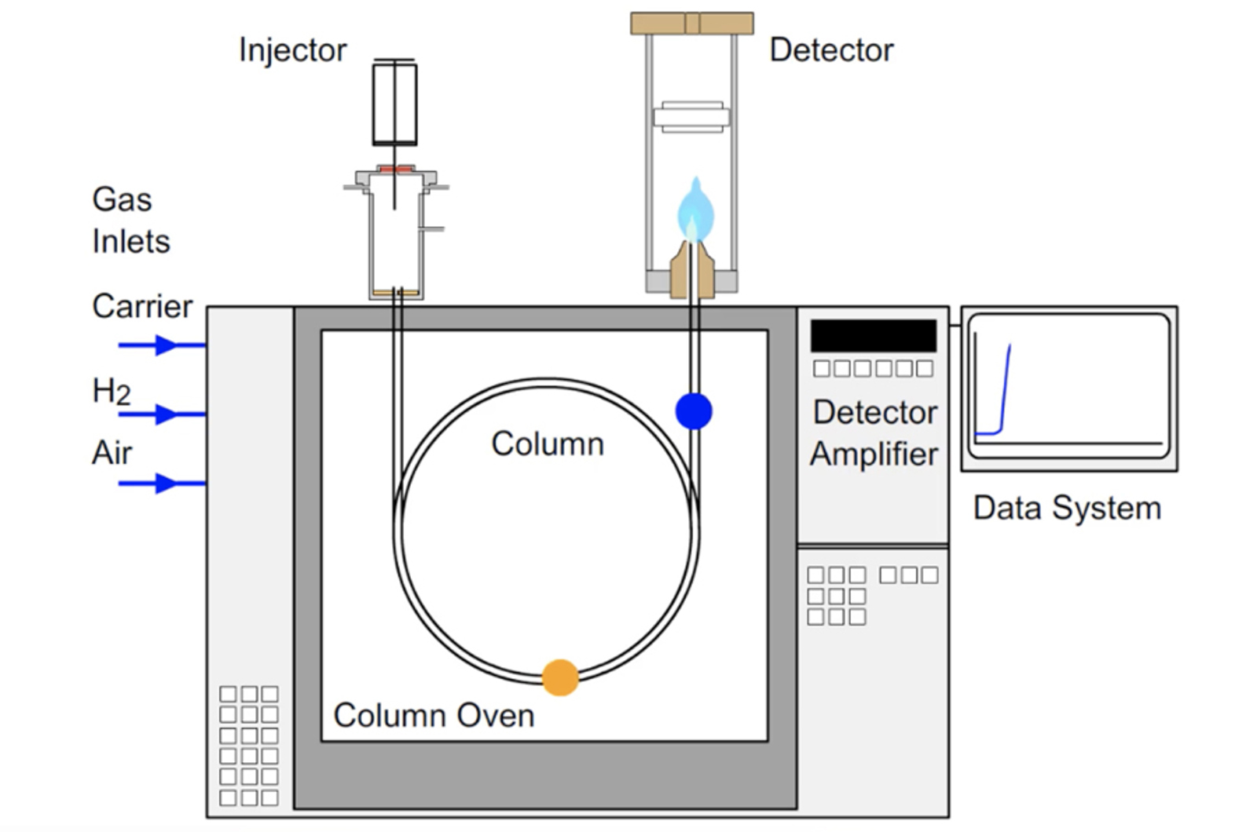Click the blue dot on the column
(694, 411)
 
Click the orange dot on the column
(560, 677)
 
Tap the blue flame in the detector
(695, 210)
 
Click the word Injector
(292, 50)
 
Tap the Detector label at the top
(831, 50)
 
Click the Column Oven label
(434, 716)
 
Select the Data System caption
(1067, 508)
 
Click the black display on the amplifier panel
(873, 335)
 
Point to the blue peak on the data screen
(1005, 385)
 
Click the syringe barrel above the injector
(394, 104)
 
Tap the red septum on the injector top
(395, 169)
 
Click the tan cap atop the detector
(692, 24)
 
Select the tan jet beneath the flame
(691, 271)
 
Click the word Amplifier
(874, 454)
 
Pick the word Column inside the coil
(548, 444)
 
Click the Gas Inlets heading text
(130, 221)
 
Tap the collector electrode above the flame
(691, 118)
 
